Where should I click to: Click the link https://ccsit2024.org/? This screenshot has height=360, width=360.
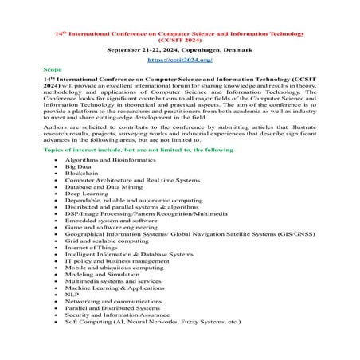(179, 60)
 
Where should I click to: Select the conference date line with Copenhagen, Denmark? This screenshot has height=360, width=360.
(179, 49)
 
